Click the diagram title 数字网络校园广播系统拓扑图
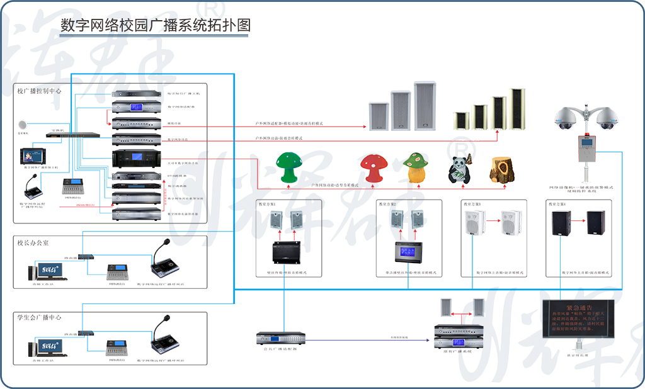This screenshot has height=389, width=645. (155, 25)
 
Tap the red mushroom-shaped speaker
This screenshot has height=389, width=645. (373, 169)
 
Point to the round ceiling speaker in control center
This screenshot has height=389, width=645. (23, 123)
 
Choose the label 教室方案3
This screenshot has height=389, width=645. (472, 205)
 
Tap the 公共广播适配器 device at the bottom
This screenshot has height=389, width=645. (280, 338)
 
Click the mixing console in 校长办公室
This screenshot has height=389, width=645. (118, 273)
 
